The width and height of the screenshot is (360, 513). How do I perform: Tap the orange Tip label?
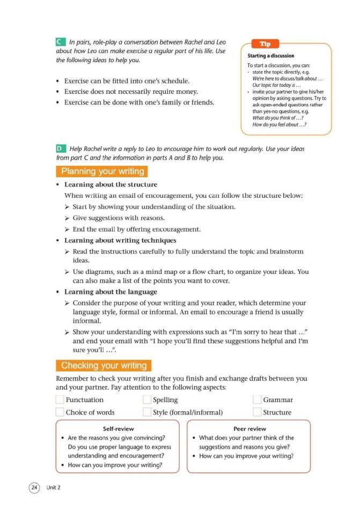tap(265, 43)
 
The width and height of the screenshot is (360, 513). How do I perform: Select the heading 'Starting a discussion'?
tap(271, 55)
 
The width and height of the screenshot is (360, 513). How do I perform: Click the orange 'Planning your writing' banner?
tap(102, 172)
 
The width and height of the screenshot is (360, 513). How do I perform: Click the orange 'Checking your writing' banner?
tap(104, 366)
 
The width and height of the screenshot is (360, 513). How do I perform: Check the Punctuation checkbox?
tap(60, 399)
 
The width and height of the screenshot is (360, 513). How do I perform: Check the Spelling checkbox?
tap(147, 399)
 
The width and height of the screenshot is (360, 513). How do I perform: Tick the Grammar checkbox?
tap(257, 399)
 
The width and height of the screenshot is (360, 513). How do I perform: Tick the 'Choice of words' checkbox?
tap(60, 412)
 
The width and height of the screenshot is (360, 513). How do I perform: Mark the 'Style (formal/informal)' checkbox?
tap(147, 412)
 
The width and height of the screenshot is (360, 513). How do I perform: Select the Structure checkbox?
tap(257, 412)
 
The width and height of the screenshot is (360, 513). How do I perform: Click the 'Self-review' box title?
tap(118, 429)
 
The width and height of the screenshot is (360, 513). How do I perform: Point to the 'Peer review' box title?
tap(249, 429)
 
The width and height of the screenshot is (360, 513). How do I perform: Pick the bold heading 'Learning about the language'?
tap(111, 292)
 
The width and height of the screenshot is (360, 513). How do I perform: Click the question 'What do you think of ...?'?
tap(275, 118)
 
